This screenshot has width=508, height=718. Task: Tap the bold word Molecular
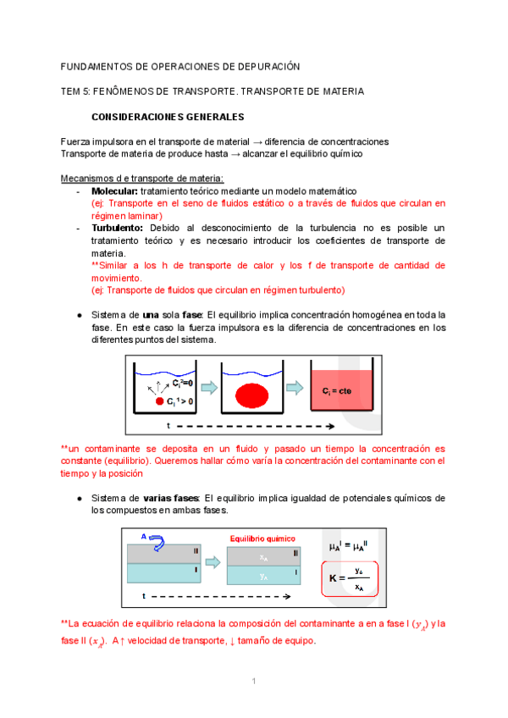click(114, 191)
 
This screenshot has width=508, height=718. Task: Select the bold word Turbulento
click(118, 229)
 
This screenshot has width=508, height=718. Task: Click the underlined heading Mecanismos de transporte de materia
click(142, 178)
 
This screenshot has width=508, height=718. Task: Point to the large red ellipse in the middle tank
click(255, 395)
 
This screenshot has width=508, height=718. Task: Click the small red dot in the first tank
click(158, 400)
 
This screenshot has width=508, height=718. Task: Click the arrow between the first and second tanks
click(207, 389)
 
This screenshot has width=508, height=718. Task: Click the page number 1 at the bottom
click(253, 682)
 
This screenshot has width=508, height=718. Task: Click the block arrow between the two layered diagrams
click(216, 565)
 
